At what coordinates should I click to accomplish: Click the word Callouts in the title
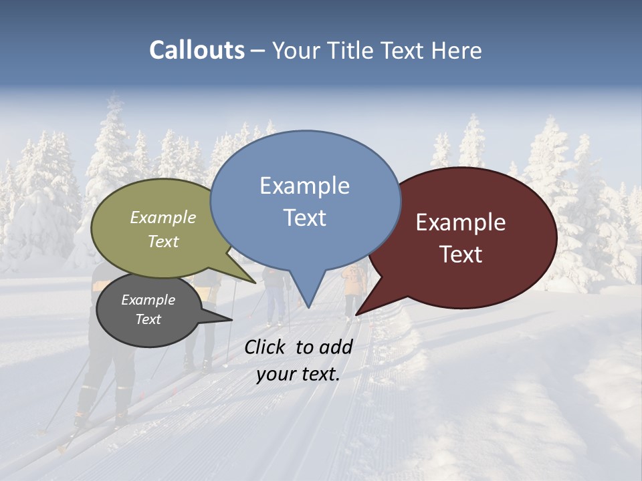click(x=197, y=50)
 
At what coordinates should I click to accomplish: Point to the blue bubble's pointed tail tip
click(x=308, y=308)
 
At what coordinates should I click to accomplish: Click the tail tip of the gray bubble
click(x=232, y=320)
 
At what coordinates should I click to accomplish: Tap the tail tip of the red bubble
click(x=356, y=315)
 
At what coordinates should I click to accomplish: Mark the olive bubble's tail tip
click(x=255, y=283)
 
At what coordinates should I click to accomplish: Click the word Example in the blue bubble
click(x=304, y=186)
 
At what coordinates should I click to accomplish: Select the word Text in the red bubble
click(x=461, y=255)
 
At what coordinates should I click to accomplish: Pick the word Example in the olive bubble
click(x=163, y=217)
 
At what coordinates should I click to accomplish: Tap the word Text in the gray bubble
click(x=148, y=319)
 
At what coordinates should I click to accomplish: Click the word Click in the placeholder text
click(x=265, y=347)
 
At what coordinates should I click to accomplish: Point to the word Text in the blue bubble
click(x=304, y=218)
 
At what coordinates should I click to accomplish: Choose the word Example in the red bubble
click(x=461, y=222)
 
